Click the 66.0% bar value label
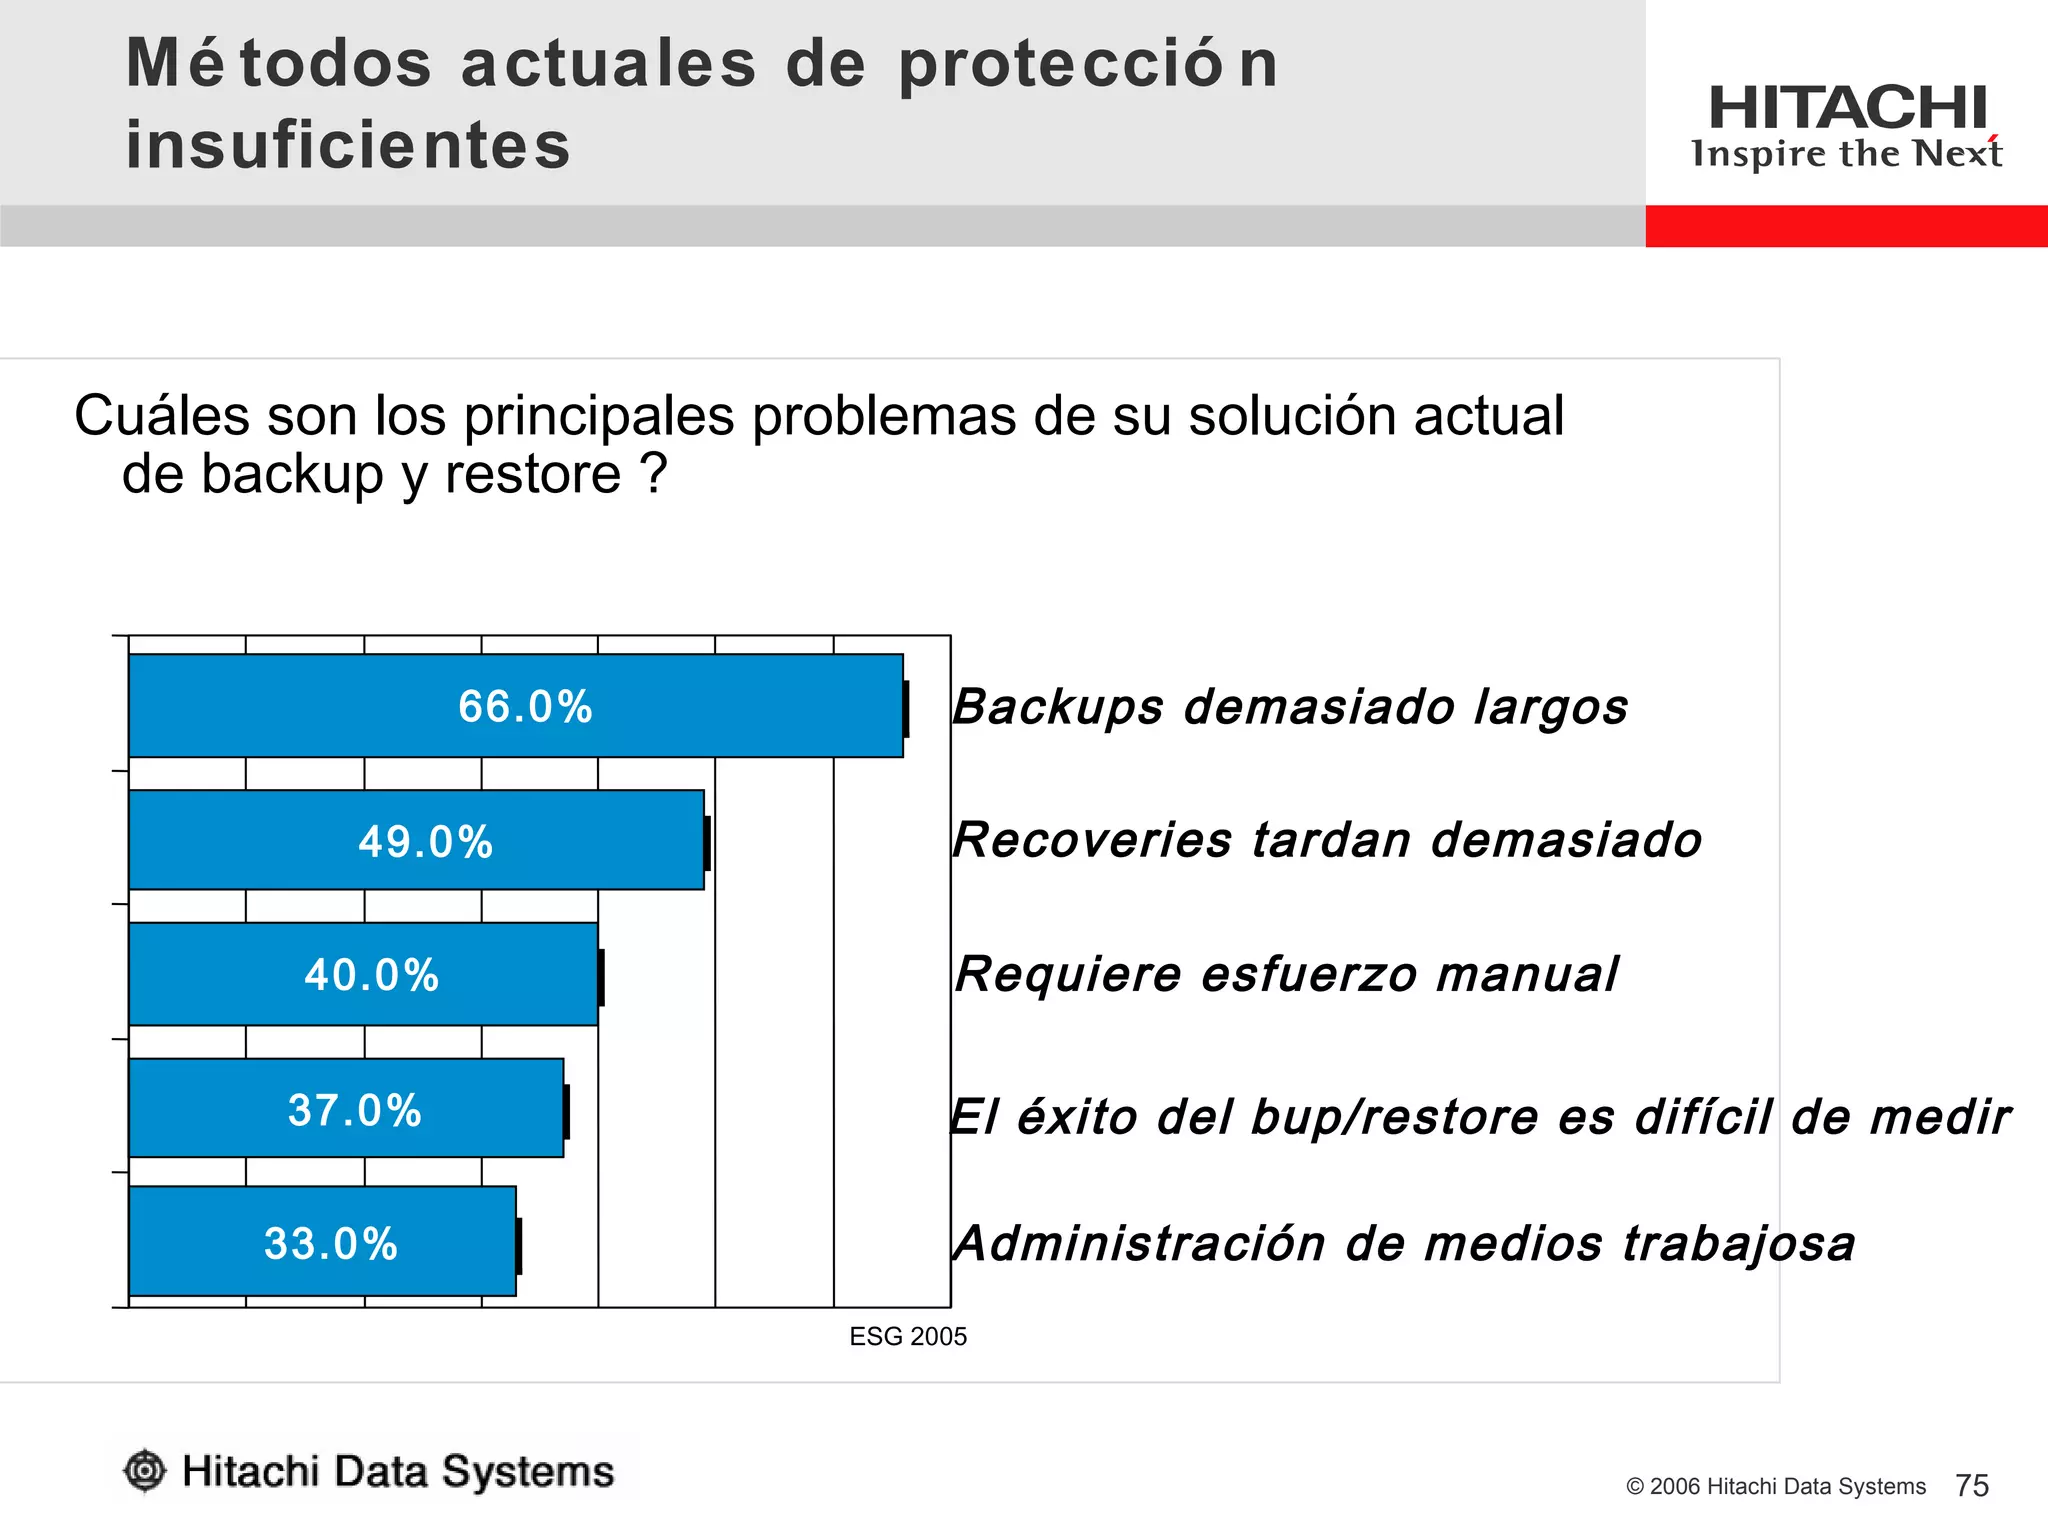tap(525, 707)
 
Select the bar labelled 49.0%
tap(416, 840)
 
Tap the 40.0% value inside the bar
tap(372, 975)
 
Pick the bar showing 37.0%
tap(346, 1108)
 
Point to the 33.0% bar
tap(322, 1242)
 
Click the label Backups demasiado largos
tap(1290, 707)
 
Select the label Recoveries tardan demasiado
tap(1327, 840)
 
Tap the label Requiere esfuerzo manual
tap(1286, 974)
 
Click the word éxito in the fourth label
tap(1077, 1116)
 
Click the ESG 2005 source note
tap(908, 1337)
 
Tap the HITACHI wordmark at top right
tap(1847, 107)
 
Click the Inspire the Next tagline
tap(1846, 154)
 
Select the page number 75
tap(1972, 1486)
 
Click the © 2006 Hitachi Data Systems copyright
tap(1775, 1487)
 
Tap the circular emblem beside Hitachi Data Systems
tap(145, 1471)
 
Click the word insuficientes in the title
tap(348, 145)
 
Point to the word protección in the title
tap(1088, 64)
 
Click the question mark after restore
tap(655, 474)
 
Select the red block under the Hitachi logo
tap(1846, 226)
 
